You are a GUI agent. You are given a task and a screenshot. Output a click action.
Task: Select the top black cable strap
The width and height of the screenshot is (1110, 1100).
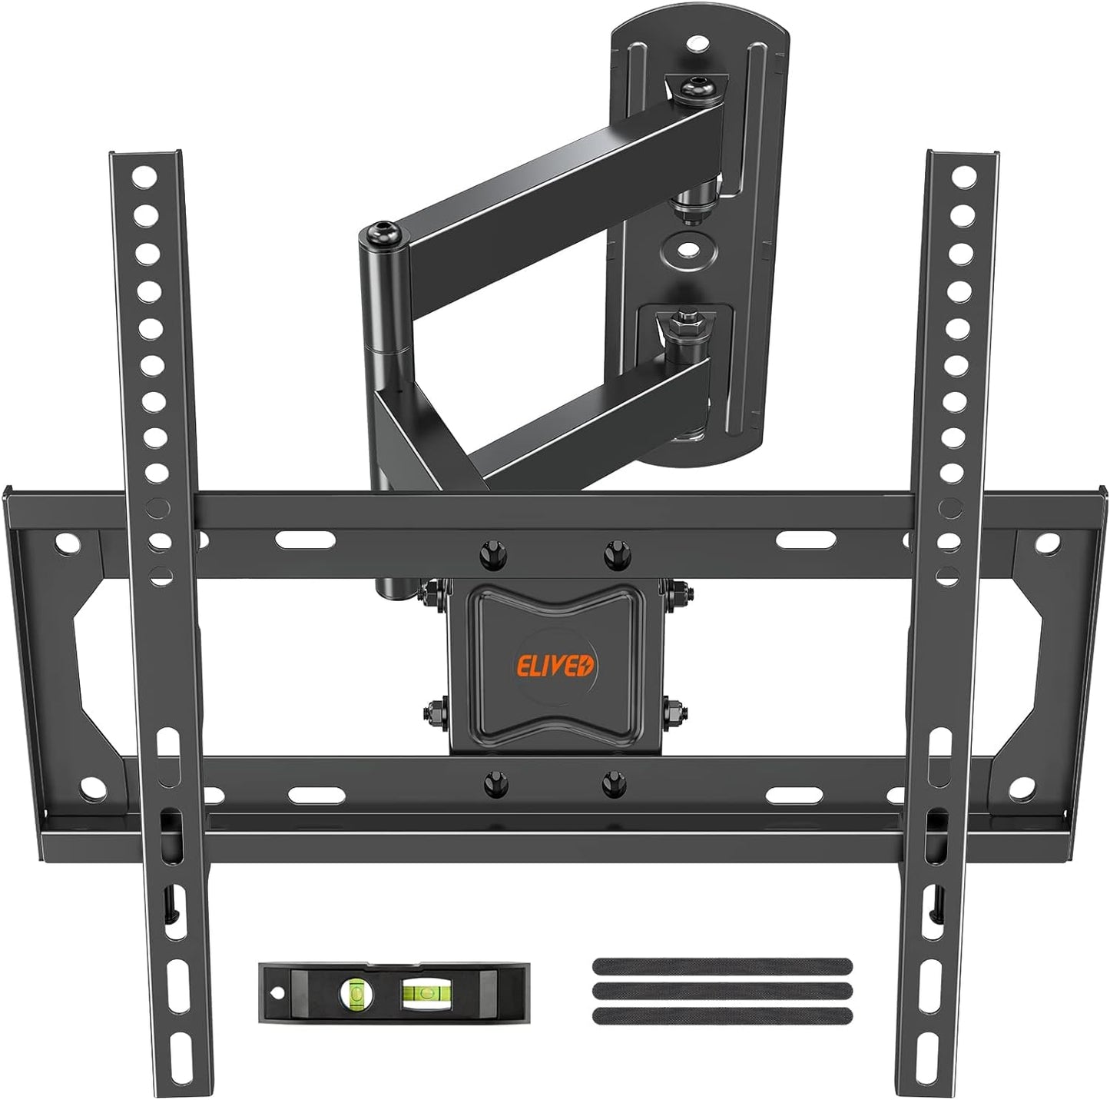(x=722, y=965)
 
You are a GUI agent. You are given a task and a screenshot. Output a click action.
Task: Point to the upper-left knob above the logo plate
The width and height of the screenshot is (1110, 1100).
(x=492, y=555)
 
